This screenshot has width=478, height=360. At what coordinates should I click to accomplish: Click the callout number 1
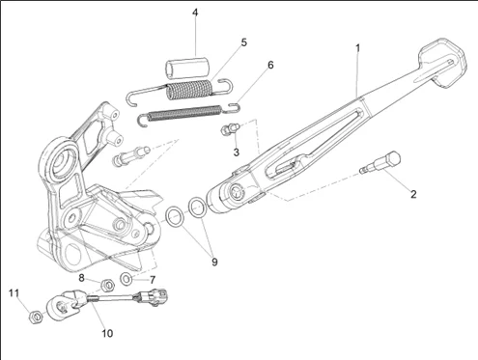click(357, 48)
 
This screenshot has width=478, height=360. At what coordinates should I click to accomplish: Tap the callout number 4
click(195, 13)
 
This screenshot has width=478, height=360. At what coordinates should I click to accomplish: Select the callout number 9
click(214, 262)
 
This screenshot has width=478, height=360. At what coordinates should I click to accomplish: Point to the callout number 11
click(14, 293)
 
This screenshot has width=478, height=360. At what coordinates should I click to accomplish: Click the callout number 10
click(107, 333)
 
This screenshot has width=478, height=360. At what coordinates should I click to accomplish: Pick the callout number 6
click(270, 65)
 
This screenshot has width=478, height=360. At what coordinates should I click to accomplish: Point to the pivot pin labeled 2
click(380, 163)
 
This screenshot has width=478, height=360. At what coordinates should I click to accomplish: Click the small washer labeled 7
click(126, 279)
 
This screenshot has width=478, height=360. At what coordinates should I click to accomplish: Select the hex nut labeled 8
click(108, 285)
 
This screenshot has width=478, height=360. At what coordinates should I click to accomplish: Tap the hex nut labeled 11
click(36, 317)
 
